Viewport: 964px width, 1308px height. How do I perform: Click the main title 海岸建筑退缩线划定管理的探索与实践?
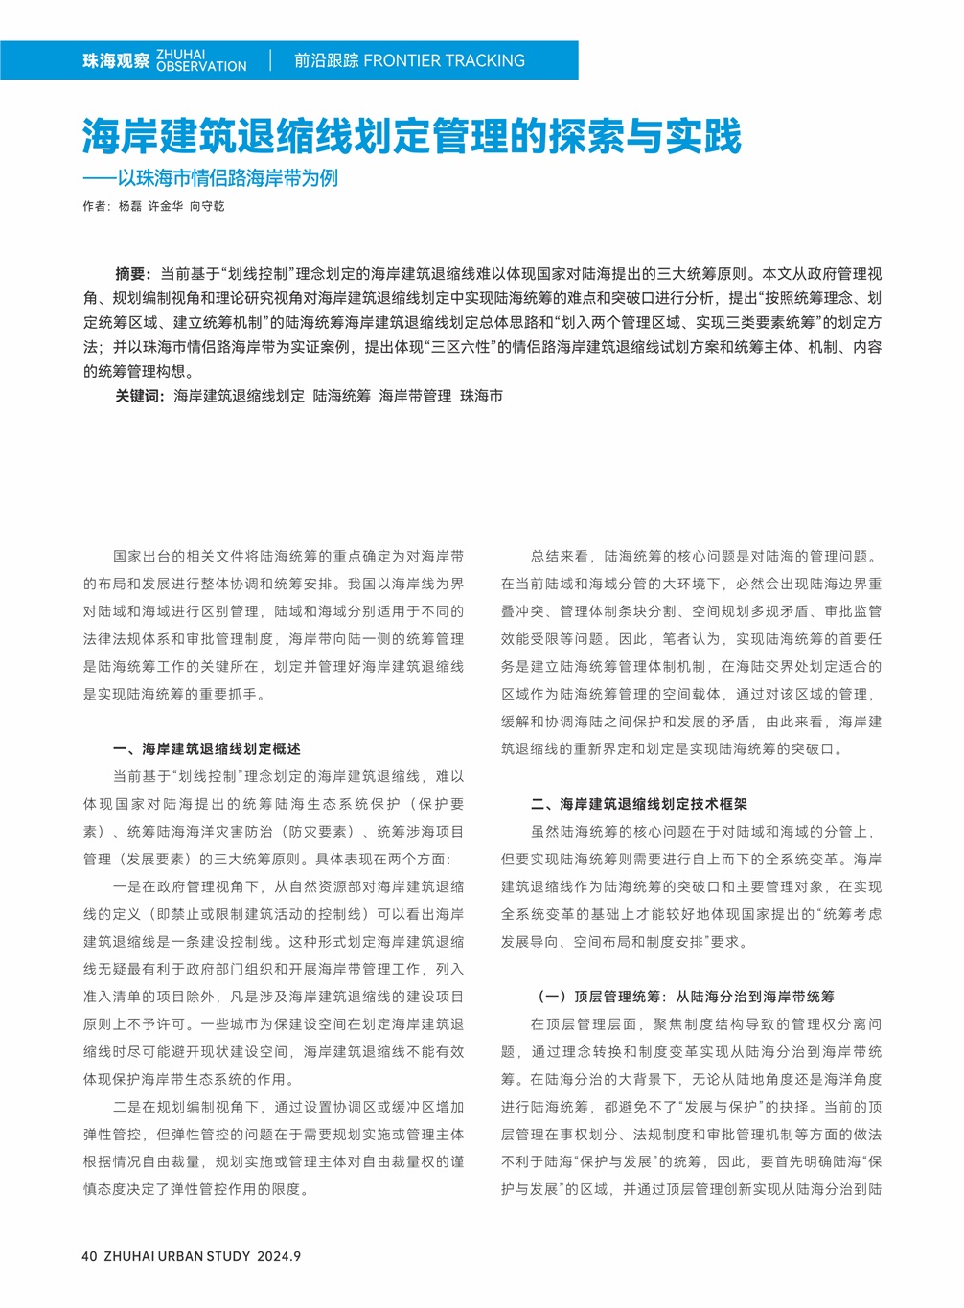pos(411,136)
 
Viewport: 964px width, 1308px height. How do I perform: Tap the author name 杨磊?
pos(129,206)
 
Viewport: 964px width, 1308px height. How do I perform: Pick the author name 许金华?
pos(165,206)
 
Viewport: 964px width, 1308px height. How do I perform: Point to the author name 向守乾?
pos(206,206)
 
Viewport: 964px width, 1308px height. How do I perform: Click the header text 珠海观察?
pos(116,61)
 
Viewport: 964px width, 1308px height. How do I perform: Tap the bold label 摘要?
pos(131,274)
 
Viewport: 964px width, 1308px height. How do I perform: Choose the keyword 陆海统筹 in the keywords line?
pos(341,396)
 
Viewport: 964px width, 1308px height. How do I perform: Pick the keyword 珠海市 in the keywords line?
pos(481,396)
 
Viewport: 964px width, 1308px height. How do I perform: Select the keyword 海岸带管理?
pos(415,396)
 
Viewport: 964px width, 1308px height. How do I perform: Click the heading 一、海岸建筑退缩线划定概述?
pos(207,749)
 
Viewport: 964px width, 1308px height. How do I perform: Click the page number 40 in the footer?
pos(90,1256)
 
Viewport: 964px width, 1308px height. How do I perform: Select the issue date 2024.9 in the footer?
pos(279,1256)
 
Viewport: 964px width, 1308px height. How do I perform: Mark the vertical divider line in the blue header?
pos(270,60)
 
